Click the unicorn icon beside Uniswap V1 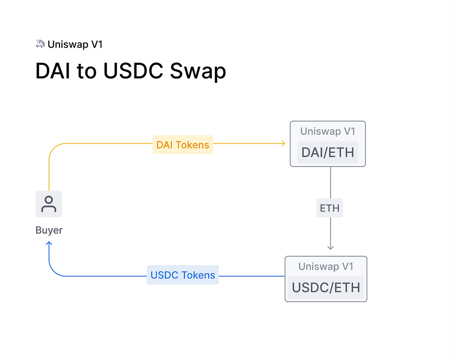40,43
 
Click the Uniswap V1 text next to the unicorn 75,44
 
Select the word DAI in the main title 53,71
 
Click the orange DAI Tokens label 183,145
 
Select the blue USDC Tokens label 183,275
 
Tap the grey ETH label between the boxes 330,208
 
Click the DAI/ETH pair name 328,152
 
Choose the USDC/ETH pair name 326,287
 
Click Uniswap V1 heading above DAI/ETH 328,131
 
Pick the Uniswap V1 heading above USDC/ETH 326,266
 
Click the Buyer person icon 49,204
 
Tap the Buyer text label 49,230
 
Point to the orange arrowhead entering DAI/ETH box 283,143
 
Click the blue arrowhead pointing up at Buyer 49,244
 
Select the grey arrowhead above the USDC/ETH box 330,247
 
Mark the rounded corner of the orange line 52,147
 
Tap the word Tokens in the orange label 192,145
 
